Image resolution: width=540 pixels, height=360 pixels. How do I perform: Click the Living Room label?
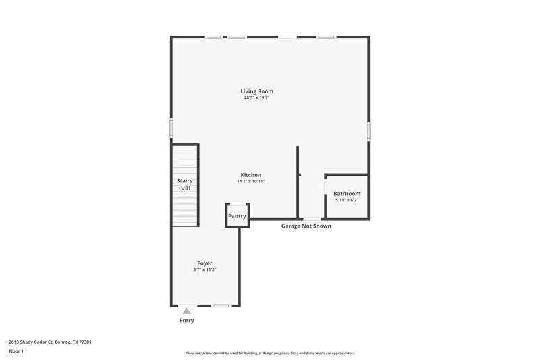(256, 91)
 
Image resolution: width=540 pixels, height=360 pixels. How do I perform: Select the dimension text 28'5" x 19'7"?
(256, 98)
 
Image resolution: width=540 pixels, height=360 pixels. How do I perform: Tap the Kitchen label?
(250, 175)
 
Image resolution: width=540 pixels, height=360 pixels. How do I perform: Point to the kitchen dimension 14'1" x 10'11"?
(250, 181)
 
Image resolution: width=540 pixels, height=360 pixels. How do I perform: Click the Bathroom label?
(347, 194)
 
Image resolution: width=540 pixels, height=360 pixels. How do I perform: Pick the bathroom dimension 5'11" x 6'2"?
(347, 200)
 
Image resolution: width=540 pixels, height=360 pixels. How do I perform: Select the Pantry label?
(237, 216)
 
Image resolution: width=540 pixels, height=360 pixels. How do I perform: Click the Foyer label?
(205, 263)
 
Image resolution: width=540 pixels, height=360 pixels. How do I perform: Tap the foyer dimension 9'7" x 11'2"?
(205, 269)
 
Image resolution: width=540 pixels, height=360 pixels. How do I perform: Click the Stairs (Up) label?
(184, 184)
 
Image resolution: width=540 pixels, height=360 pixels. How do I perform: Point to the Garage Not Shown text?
(306, 226)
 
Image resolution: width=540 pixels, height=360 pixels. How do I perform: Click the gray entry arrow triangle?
(186, 311)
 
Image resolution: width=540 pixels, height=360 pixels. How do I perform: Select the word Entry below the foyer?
(186, 321)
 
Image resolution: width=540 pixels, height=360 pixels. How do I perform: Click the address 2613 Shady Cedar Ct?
(50, 342)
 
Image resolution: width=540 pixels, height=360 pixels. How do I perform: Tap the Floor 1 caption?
(16, 352)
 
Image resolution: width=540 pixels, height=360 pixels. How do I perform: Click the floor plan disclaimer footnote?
(269, 353)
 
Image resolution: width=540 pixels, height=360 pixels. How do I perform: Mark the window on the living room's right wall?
(369, 130)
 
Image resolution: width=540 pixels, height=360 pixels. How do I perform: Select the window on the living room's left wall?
(171, 128)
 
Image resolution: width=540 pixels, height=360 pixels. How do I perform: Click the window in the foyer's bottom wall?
(221, 306)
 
